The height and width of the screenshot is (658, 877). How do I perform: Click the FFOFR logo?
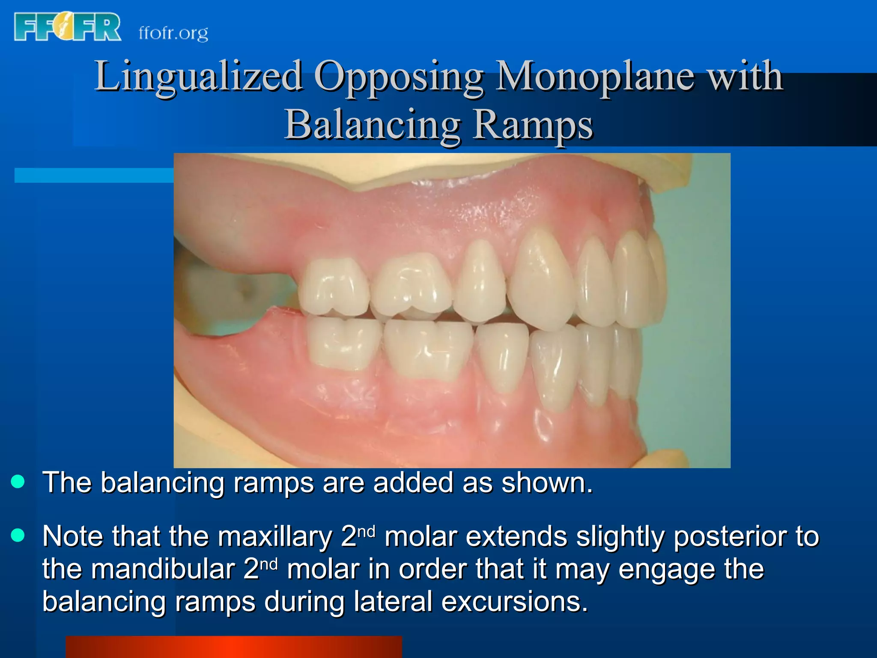67,27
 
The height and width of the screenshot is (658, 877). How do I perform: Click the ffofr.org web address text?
173,33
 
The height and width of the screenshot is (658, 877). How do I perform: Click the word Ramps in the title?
533,125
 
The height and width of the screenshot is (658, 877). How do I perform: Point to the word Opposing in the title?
399,77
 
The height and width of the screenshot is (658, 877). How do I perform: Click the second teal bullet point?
18,535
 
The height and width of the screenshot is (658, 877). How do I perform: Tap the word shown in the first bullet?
547,483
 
